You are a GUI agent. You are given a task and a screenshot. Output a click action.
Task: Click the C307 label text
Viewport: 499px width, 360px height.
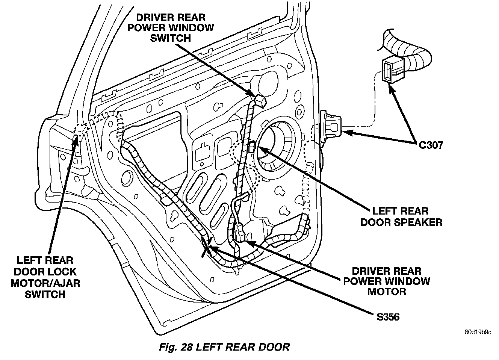pyautogui.click(x=431, y=145)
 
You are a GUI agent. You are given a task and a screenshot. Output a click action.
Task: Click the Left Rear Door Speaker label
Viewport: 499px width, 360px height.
pyautogui.click(x=401, y=216)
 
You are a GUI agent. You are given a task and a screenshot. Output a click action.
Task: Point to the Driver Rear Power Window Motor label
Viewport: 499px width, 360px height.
pyautogui.click(x=387, y=281)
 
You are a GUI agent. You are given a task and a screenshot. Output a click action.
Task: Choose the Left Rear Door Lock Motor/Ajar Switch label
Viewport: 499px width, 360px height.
pyautogui.click(x=45, y=277)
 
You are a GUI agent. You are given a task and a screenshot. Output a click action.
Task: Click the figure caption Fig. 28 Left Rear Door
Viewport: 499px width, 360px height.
pyautogui.click(x=224, y=346)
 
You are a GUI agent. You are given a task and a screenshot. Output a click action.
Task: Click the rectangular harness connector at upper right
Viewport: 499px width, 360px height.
pyautogui.click(x=390, y=70)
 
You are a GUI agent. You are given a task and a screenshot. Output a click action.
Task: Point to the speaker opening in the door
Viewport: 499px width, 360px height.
pyautogui.click(x=278, y=145)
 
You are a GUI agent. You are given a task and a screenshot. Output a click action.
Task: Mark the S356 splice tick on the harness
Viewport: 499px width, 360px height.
pyautogui.click(x=207, y=247)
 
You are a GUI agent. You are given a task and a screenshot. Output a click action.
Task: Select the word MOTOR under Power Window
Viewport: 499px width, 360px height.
pyautogui.click(x=387, y=291)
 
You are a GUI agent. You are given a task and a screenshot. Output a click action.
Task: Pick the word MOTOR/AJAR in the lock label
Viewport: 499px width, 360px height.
pyautogui.click(x=45, y=283)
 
